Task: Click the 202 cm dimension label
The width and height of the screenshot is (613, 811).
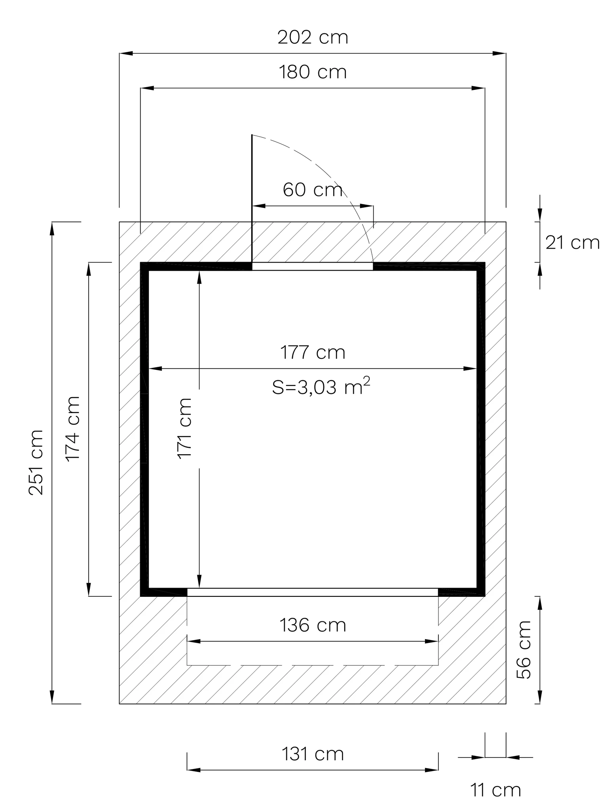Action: tap(313, 38)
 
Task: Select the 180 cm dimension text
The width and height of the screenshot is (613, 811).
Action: tap(313, 72)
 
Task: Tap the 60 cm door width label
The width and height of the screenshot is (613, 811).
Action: tap(313, 190)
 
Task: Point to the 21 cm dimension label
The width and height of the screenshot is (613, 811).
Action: tap(572, 242)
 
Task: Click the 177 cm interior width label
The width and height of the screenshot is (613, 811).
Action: tap(313, 352)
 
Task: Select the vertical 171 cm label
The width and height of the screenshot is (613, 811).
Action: tap(185, 428)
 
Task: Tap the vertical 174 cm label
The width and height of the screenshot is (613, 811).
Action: tap(73, 428)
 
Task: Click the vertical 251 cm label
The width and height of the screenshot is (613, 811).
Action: tap(36, 462)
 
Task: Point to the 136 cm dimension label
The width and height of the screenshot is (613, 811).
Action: tap(313, 625)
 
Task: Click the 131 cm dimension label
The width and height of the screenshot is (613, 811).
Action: tap(313, 754)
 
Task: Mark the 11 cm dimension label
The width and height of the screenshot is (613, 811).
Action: tap(495, 790)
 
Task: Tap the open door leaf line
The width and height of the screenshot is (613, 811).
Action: tap(252, 198)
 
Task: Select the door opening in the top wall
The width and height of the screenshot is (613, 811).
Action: tap(313, 266)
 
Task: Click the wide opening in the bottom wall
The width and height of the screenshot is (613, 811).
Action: tap(313, 592)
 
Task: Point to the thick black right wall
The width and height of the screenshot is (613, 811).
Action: tap(481, 429)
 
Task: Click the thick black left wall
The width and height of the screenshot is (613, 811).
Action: tap(144, 429)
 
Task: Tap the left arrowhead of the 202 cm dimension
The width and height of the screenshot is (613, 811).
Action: tap(126, 53)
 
